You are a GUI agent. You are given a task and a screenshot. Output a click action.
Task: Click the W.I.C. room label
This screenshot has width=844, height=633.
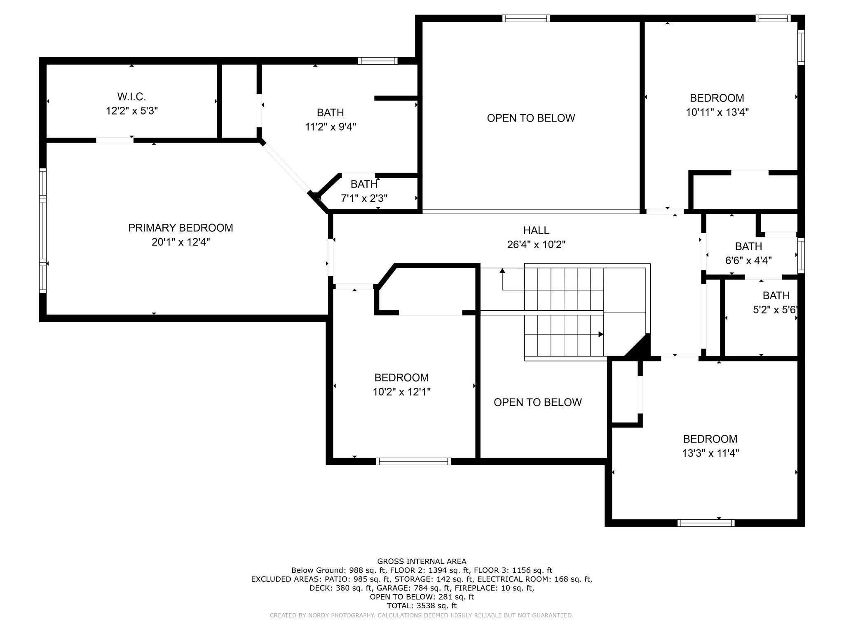coord(131,97)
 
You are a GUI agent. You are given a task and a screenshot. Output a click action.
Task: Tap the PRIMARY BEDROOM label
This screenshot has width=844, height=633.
coord(181,228)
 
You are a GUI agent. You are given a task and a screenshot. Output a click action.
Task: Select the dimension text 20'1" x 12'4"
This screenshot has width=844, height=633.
coord(181,242)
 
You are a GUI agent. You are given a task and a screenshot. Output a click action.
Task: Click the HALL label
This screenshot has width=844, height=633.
coord(536,230)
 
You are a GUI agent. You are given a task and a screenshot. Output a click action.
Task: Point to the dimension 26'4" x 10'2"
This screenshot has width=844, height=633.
coord(536,245)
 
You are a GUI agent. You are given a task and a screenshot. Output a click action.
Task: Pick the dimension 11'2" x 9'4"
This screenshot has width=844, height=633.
coord(331,127)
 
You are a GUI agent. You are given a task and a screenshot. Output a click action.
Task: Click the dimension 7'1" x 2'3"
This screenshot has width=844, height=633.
coord(364,199)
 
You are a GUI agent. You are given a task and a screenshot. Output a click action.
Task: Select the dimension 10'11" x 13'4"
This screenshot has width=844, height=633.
coord(717,112)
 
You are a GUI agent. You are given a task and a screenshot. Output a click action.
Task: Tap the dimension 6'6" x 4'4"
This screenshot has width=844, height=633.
coord(748,260)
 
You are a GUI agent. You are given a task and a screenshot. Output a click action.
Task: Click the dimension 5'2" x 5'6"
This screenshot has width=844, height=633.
coord(775,310)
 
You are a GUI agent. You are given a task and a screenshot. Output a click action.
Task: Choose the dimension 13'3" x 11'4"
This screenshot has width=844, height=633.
coord(710,453)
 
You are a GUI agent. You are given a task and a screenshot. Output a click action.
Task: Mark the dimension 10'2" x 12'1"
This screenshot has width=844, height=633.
coord(401,392)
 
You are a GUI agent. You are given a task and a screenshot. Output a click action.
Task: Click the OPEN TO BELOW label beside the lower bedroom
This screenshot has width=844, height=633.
coord(537,402)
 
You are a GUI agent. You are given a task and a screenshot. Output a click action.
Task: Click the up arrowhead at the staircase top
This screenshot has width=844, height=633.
coord(502,271)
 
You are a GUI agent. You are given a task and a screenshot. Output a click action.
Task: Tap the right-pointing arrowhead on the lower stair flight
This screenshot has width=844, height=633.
coord(601,334)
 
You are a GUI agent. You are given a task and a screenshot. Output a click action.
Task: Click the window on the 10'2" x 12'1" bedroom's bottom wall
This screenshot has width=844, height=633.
coord(413,461)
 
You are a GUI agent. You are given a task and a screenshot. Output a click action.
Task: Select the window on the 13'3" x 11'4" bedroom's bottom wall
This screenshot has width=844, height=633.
coord(706,523)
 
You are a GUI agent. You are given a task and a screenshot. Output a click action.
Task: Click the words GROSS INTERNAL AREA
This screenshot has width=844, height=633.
coord(422,561)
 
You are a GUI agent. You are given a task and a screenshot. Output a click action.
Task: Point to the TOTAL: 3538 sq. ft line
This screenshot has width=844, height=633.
coord(422,606)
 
